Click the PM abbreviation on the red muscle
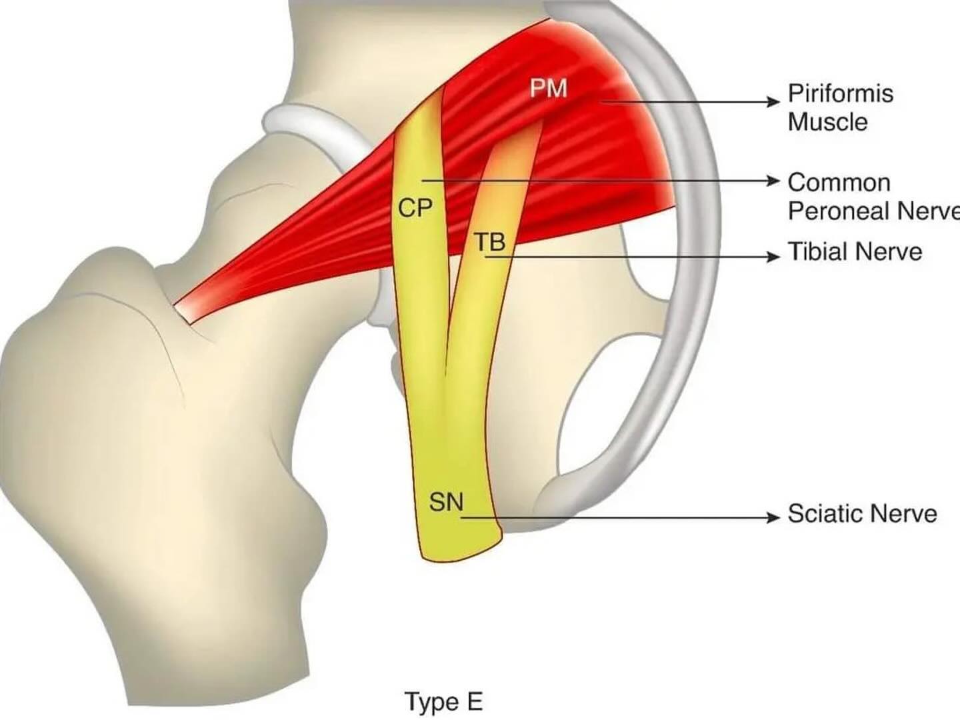(549, 89)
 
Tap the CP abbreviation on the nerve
(415, 208)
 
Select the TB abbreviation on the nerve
(490, 242)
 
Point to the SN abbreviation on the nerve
(446, 501)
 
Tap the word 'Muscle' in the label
(828, 122)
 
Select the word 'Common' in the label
(839, 183)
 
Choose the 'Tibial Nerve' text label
(855, 252)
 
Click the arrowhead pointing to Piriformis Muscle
(774, 102)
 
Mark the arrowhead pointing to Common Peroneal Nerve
(774, 180)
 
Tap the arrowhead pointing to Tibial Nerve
(774, 257)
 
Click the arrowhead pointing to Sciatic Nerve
(774, 518)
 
